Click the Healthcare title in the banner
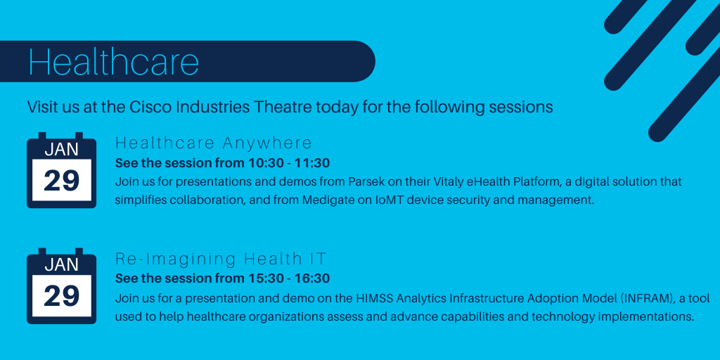tap(113, 62)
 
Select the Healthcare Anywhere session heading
tap(214, 143)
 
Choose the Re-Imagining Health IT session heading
tap(221, 259)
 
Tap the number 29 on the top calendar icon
tap(61, 181)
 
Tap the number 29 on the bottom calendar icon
tap(61, 297)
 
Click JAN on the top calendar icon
tap(61, 149)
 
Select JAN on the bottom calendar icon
tap(61, 264)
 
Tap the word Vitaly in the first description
tap(424, 182)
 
